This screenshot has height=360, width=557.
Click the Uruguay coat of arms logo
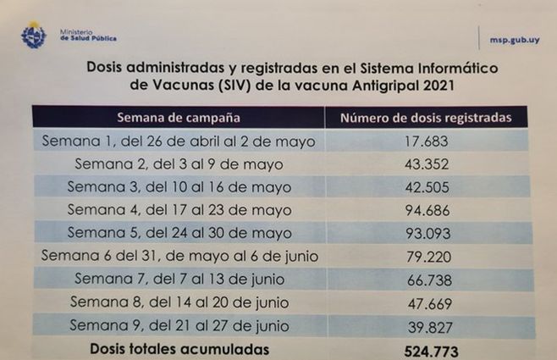(x=33, y=35)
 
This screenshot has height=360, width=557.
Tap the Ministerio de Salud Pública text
(x=88, y=36)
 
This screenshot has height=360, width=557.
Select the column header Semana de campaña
(x=178, y=117)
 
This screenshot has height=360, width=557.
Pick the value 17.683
(x=427, y=141)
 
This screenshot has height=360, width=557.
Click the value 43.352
(x=427, y=163)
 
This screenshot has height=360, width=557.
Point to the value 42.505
(x=427, y=187)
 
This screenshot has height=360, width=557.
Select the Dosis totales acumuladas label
(x=179, y=348)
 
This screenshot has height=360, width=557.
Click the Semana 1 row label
(x=179, y=141)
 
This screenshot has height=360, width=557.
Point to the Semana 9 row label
(x=179, y=325)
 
